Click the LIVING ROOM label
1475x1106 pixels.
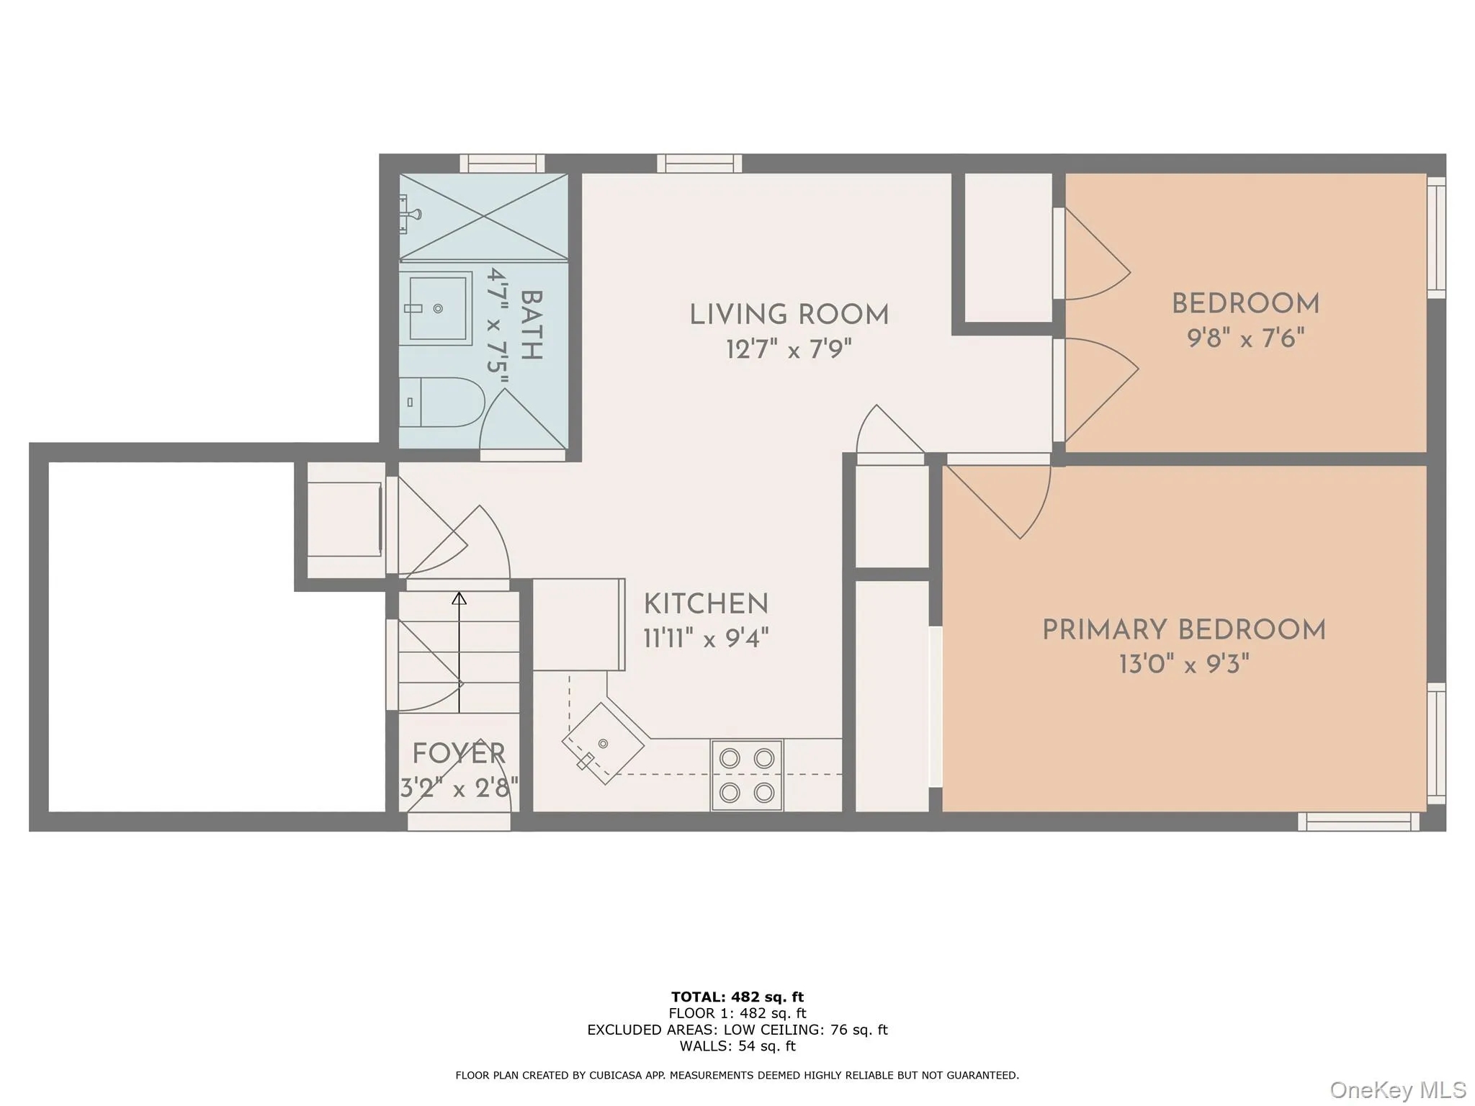pyautogui.click(x=789, y=315)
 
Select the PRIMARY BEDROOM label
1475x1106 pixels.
pyautogui.click(x=1183, y=630)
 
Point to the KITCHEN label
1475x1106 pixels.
pyautogui.click(x=706, y=604)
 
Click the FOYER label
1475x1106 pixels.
pyautogui.click(x=459, y=754)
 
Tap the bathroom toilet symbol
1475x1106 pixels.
pyautogui.click(x=439, y=402)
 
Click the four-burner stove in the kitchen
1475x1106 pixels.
pyautogui.click(x=746, y=775)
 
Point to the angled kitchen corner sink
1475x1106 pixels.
pyautogui.click(x=603, y=744)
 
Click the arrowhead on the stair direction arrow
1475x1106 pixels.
pyautogui.click(x=459, y=598)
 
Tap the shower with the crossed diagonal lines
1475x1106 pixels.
pyautogui.click(x=484, y=216)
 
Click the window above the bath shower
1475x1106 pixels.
pyautogui.click(x=502, y=163)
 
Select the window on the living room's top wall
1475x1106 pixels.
pyautogui.click(x=699, y=163)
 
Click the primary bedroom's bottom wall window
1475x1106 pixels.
pyautogui.click(x=1358, y=822)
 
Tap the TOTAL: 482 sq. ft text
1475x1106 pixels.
pyautogui.click(x=737, y=997)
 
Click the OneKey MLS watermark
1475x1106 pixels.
pyautogui.click(x=1397, y=1089)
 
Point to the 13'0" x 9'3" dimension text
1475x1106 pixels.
pyautogui.click(x=1183, y=664)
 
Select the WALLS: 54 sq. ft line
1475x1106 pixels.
pyautogui.click(x=737, y=1046)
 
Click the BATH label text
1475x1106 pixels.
pyautogui.click(x=531, y=325)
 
